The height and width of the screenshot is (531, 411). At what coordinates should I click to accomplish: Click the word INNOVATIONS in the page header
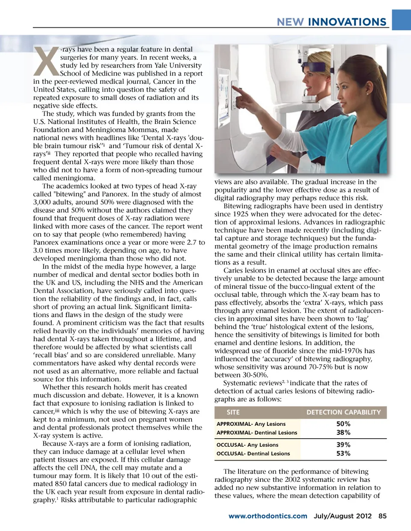347,22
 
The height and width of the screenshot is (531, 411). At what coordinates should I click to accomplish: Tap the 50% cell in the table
343,424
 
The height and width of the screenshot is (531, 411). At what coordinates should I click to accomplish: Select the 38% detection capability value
343,432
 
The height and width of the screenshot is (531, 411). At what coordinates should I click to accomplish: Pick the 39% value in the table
343,445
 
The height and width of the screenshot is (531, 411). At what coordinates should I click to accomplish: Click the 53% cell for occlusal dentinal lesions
343,453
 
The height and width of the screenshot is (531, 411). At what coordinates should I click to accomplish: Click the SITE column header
233,412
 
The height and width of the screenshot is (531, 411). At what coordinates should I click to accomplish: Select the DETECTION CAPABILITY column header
343,412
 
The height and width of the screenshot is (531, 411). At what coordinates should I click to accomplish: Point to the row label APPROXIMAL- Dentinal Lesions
256,433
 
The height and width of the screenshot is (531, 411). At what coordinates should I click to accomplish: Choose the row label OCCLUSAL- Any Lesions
247,445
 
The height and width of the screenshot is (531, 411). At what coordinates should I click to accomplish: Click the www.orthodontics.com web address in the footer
268,516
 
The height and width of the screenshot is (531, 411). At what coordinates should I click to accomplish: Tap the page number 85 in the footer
382,516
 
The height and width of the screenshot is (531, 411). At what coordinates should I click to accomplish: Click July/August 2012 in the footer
342,516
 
